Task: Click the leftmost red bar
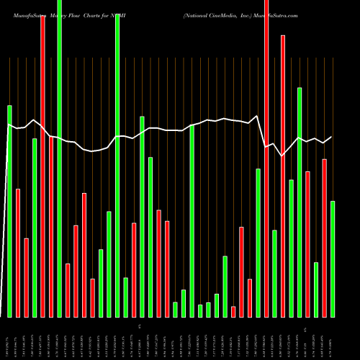coord(18,253)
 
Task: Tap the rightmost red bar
coord(325,238)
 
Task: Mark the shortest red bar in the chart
coord(233,311)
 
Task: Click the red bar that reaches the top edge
coord(266,158)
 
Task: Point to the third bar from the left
coord(27,277)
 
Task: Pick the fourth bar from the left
coord(35,228)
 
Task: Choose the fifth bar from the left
coord(43,166)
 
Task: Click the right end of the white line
coord(332,137)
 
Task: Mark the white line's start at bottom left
coord(1,315)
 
